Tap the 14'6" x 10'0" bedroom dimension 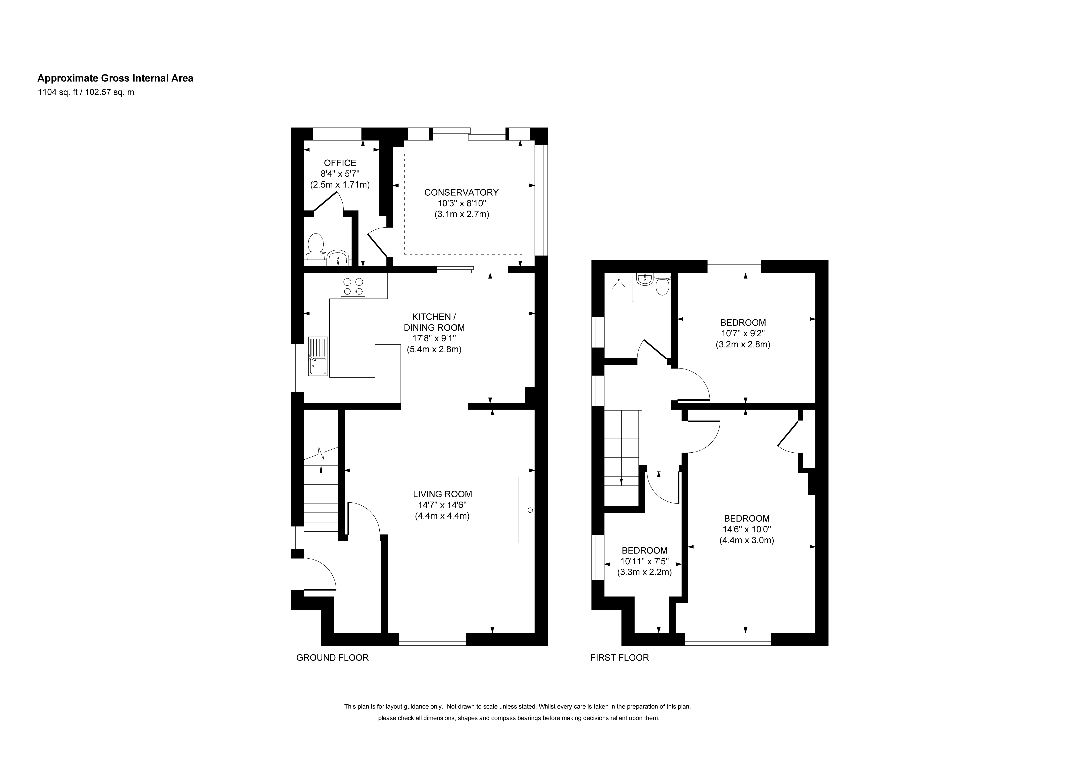(x=747, y=529)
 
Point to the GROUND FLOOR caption (x=332, y=658)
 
